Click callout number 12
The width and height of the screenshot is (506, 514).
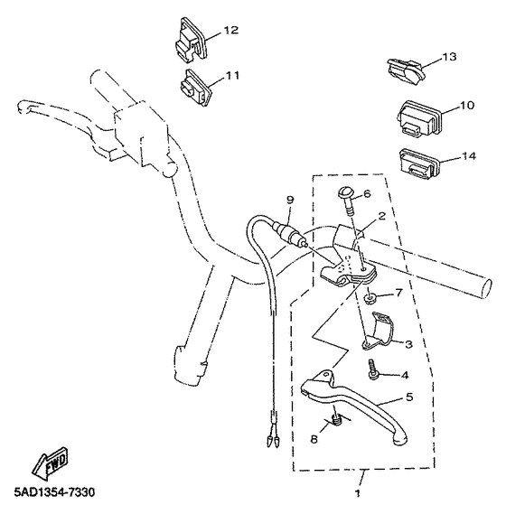coord(230,31)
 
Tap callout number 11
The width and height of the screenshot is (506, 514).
coord(232,76)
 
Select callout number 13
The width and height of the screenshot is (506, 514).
coord(449,58)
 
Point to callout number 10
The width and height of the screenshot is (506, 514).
coord(467,106)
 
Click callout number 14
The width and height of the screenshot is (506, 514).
coord(468,156)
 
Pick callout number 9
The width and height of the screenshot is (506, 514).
coord(290,199)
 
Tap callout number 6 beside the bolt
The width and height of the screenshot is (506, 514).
coord(367,194)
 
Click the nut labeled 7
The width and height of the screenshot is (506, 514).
coord(371,298)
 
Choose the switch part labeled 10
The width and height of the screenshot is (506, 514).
coord(419,116)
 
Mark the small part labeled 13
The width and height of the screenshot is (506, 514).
coord(404,66)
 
